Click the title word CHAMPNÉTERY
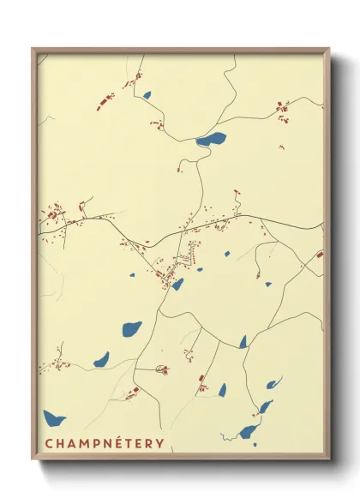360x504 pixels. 104,443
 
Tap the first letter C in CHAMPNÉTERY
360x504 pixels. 49,443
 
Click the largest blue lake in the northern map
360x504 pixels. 211,138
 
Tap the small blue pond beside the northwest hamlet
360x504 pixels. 147,95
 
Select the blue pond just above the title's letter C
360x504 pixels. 54,419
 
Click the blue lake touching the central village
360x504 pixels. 177,284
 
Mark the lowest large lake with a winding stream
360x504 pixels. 249,431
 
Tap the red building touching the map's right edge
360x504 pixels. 320,254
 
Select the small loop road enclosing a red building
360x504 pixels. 162,369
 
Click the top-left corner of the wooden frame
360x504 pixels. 33,49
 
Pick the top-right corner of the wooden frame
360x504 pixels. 329,49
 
